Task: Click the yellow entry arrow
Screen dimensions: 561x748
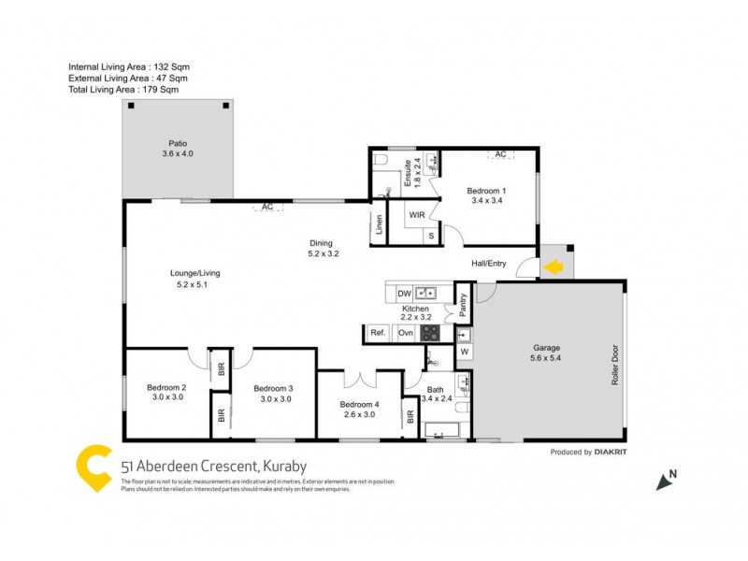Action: click(x=554, y=268)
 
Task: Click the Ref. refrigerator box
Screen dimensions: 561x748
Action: click(x=378, y=333)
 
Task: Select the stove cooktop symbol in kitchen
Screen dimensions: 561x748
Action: click(x=430, y=333)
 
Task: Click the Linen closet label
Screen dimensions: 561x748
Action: click(x=379, y=224)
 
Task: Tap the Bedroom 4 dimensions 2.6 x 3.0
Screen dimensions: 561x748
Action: click(x=359, y=414)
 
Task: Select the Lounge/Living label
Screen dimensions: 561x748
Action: click(x=194, y=273)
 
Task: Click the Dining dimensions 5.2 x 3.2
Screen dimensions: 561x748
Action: click(x=323, y=253)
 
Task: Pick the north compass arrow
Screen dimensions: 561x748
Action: click(x=665, y=482)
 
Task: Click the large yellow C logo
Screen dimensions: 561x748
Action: click(x=94, y=468)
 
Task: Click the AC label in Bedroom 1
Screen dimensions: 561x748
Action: click(x=500, y=154)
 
